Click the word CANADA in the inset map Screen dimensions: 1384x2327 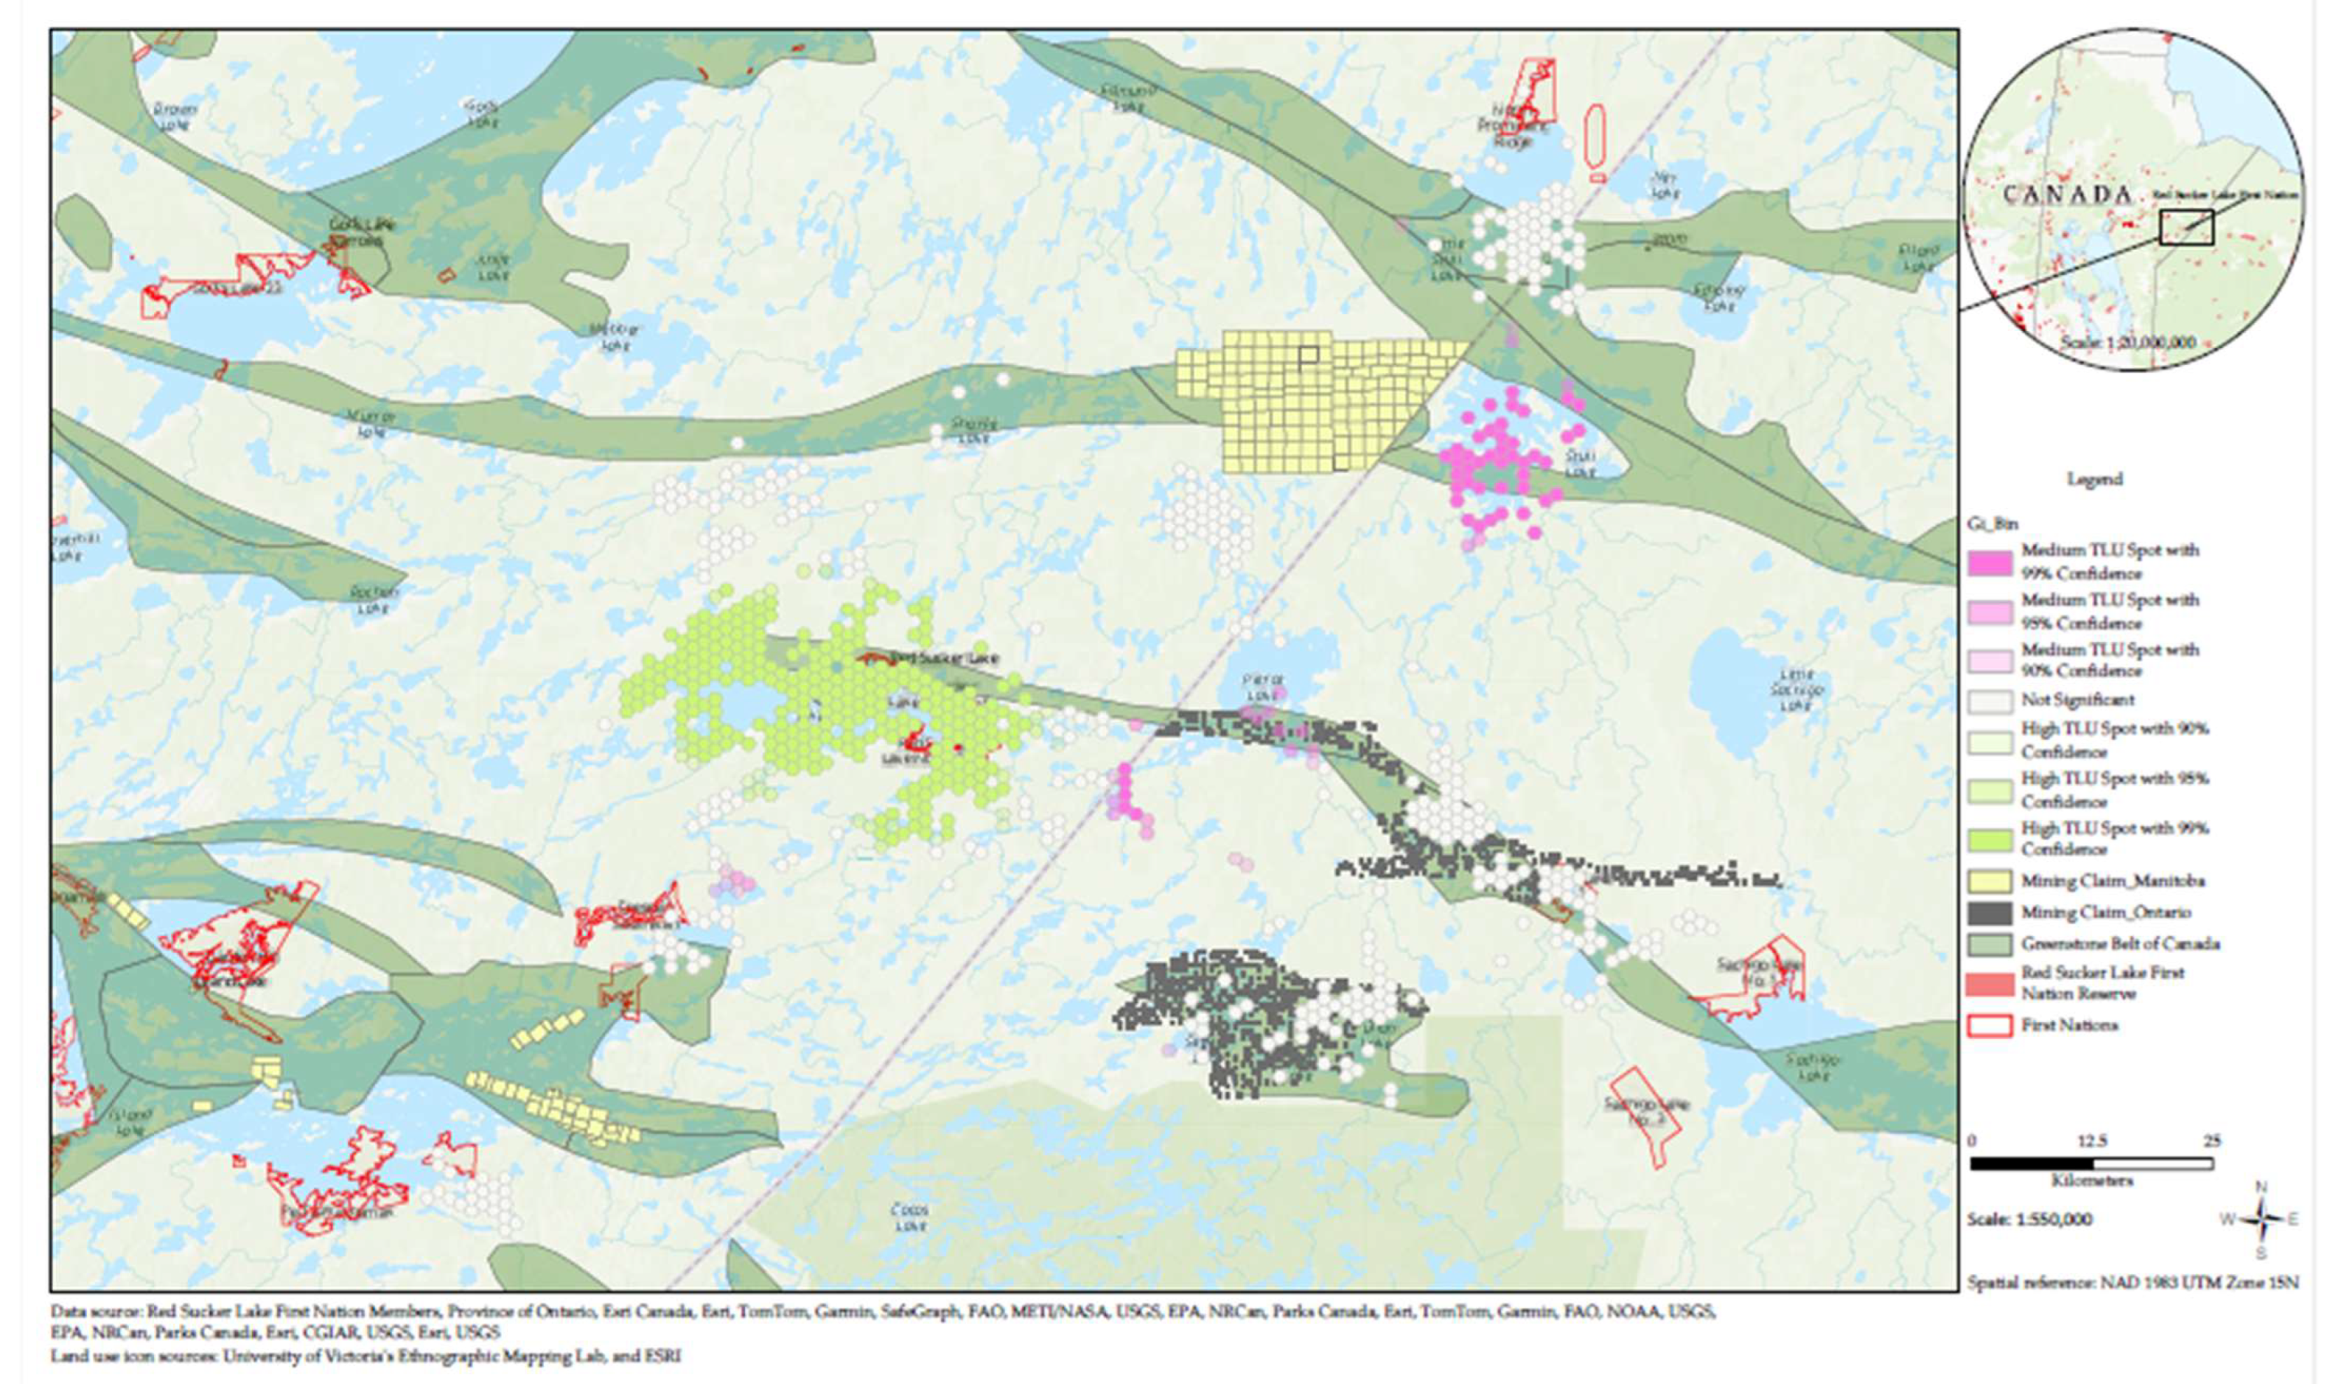click(2067, 195)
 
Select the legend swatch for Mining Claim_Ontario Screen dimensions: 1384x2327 click(1990, 912)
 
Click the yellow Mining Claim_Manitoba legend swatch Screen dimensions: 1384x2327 click(1990, 881)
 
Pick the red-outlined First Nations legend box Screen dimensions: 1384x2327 click(1990, 1025)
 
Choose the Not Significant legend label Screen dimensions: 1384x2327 click(2077, 699)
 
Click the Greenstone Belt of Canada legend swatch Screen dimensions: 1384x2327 click(1990, 944)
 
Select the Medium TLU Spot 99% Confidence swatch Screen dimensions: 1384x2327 click(1990, 561)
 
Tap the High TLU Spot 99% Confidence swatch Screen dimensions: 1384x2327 click(1990, 839)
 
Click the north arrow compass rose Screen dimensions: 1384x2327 click(2260, 1219)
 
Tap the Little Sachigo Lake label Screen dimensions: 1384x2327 click(1796, 690)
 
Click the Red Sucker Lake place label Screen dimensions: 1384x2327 click(944, 657)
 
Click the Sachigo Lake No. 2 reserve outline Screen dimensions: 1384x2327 click(1644, 1117)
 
